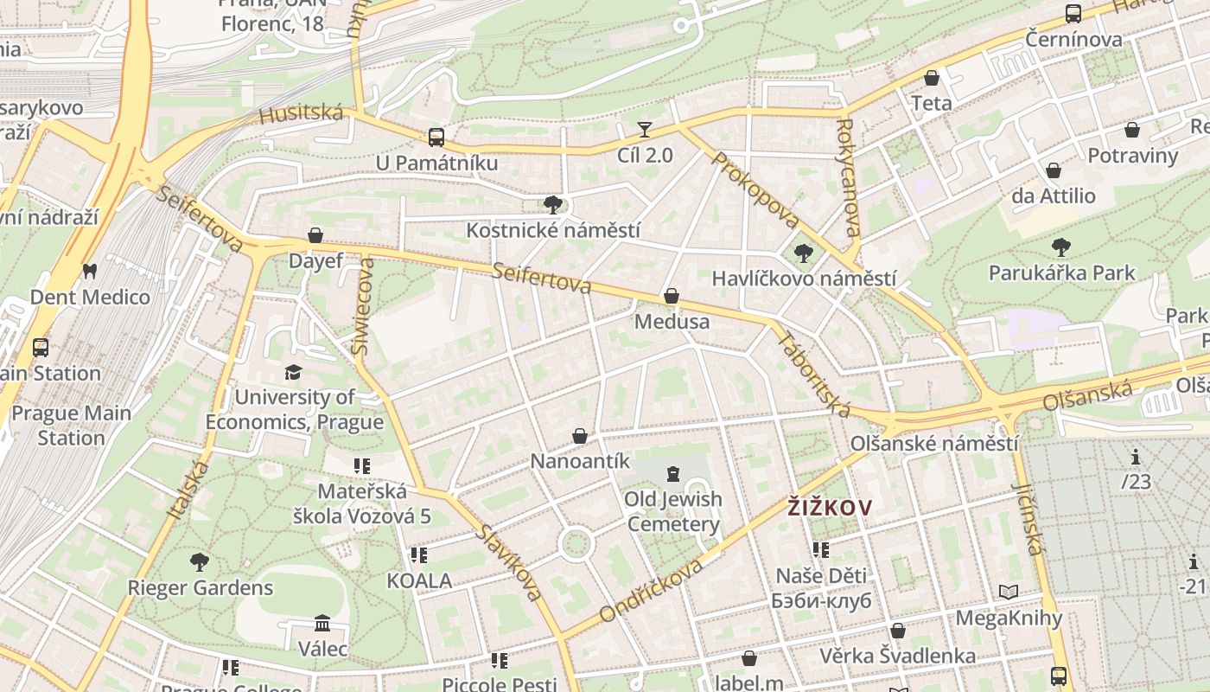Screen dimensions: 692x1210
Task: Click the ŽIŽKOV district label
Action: tap(830, 507)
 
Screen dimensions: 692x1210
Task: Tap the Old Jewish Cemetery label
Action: tap(673, 511)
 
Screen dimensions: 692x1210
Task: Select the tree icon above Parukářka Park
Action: tap(1061, 247)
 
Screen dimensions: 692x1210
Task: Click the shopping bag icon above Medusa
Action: tap(671, 297)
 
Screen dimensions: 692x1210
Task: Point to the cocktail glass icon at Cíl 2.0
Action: tap(644, 131)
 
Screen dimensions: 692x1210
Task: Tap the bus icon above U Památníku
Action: tap(436, 137)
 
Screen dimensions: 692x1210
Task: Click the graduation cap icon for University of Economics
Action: tap(294, 372)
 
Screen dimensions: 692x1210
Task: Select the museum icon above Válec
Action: tap(322, 623)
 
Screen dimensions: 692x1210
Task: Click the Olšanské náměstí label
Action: tap(933, 444)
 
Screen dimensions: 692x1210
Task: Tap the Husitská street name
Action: tap(301, 114)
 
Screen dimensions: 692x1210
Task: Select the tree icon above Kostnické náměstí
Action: tap(553, 205)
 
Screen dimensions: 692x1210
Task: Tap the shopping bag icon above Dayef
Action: tap(315, 235)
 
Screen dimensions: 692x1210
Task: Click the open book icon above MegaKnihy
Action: tap(1008, 593)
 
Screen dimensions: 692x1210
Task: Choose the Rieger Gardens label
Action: tap(200, 588)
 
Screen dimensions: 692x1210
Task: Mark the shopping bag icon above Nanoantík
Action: tap(580, 436)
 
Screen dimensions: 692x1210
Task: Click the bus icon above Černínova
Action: tap(1073, 14)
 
